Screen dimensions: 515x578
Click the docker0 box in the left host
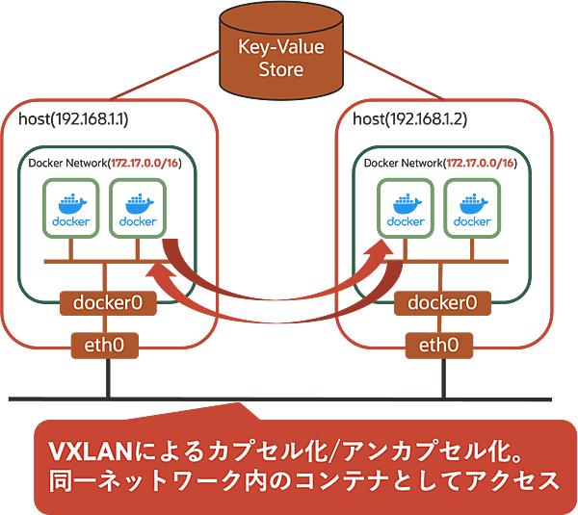108,302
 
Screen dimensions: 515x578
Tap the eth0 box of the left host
106,344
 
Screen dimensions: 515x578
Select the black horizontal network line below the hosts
289,398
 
